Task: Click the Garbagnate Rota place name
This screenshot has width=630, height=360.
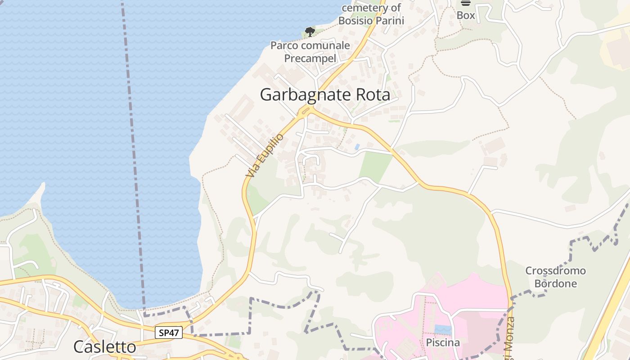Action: point(325,94)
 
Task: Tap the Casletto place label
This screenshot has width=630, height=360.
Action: point(104,346)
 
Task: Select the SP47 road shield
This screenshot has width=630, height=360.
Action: point(169,333)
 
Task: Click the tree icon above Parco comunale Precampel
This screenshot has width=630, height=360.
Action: point(310,31)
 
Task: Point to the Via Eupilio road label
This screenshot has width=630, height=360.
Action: point(265,155)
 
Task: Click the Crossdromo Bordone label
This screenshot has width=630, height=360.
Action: point(555,277)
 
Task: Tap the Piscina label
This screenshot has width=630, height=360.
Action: point(443,342)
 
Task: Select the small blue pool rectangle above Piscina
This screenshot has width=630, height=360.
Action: point(443,330)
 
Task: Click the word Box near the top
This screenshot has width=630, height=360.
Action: point(466,15)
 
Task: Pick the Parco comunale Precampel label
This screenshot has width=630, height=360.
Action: point(310,52)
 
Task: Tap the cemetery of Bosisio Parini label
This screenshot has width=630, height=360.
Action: point(371,14)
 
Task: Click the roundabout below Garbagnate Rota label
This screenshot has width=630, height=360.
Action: point(307,110)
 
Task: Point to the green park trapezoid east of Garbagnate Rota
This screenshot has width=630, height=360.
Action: point(375,166)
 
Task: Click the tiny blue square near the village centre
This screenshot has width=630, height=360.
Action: point(357,147)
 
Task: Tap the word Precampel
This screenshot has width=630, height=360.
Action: point(310,58)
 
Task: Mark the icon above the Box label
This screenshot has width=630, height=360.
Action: point(466,3)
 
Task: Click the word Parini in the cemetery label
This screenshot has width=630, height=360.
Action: point(390,21)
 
